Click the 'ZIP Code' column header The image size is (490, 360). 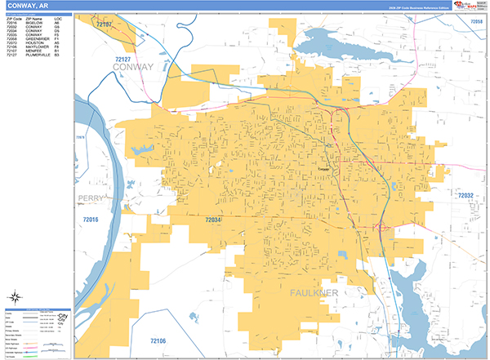click(11, 17)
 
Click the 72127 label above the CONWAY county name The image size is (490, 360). click(123, 60)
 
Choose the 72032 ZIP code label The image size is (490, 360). click(465, 196)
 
